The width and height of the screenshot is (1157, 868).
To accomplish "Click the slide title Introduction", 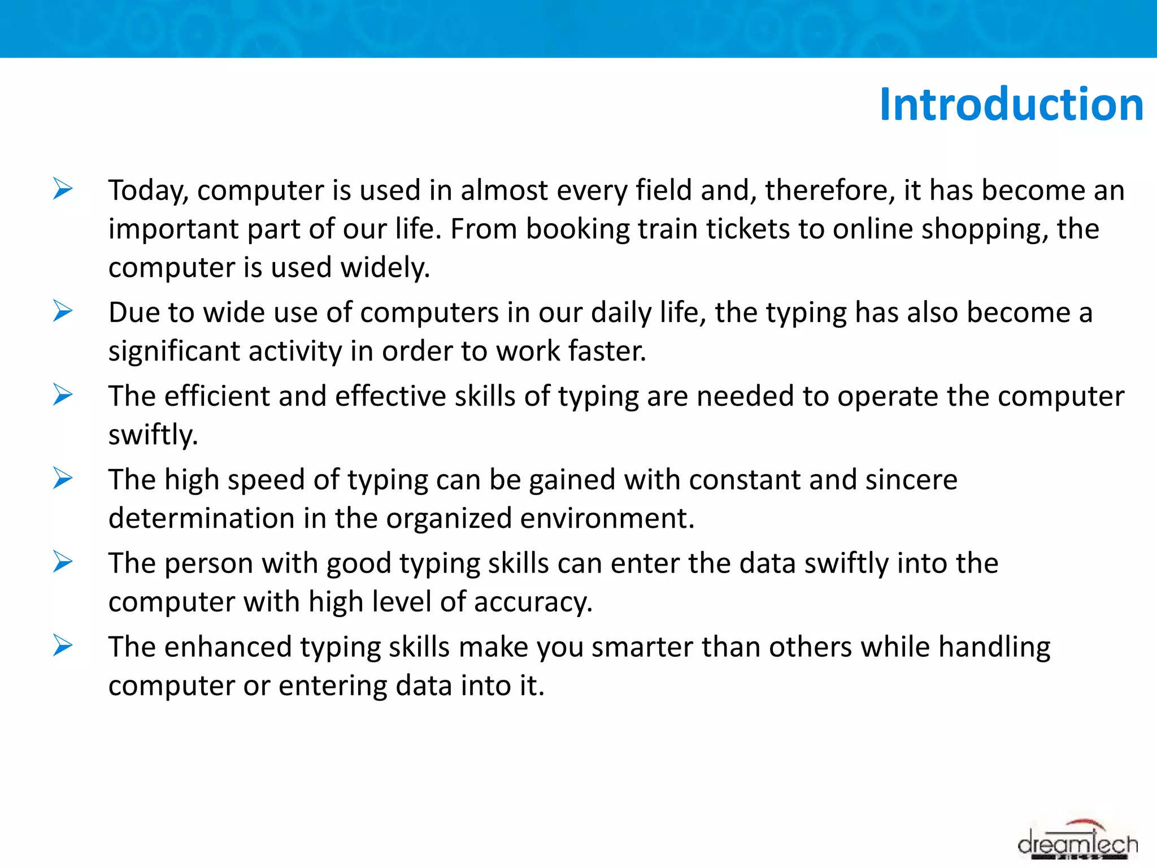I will [1011, 105].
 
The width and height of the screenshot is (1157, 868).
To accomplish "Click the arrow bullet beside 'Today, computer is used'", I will [63, 189].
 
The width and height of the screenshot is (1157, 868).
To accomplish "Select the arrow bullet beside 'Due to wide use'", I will [63, 311].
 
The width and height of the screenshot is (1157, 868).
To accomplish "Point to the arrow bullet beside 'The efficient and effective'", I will [63, 394].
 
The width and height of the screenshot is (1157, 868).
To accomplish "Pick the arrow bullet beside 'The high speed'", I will [63, 478].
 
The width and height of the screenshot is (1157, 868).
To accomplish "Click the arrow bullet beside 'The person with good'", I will [63, 562].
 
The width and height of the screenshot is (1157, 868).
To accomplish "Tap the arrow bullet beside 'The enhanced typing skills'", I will [63, 645].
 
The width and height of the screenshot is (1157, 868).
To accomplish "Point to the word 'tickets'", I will [747, 229].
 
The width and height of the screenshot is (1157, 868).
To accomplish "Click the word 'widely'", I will [384, 267].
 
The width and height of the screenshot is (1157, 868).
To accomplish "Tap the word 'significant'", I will [174, 351].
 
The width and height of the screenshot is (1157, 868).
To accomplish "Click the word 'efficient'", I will [217, 396].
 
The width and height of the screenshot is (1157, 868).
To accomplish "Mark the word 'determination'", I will [201, 518].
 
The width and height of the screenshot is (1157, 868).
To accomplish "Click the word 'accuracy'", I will [533, 602].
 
